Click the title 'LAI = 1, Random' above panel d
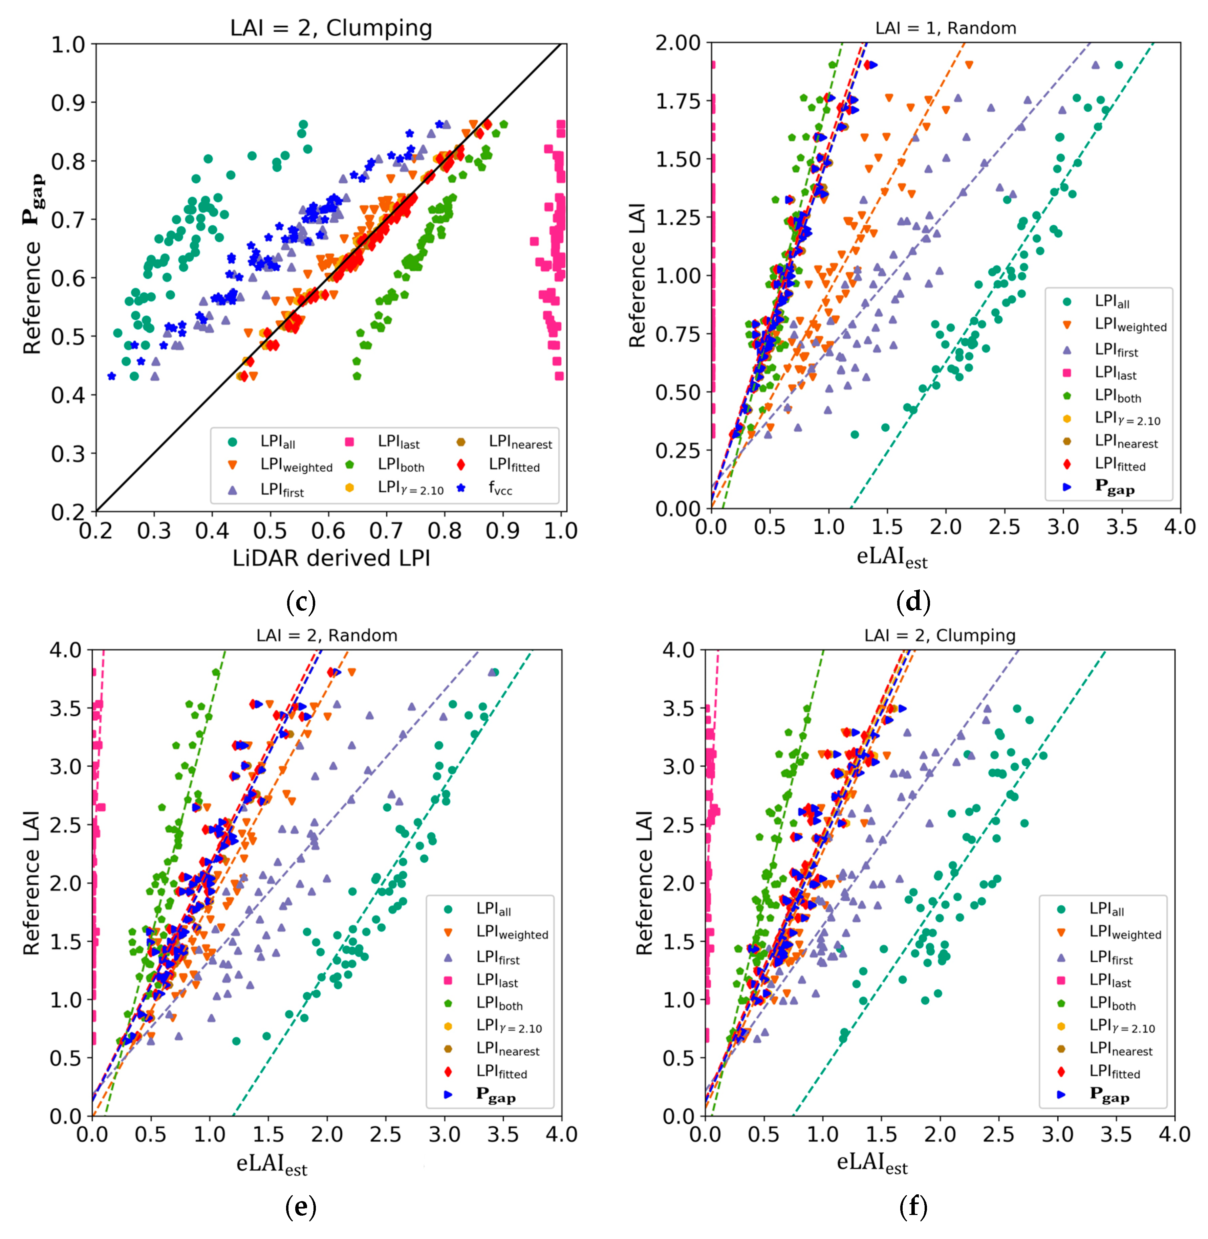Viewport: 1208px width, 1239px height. (945, 28)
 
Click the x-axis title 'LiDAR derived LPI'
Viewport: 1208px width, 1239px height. (331, 558)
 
